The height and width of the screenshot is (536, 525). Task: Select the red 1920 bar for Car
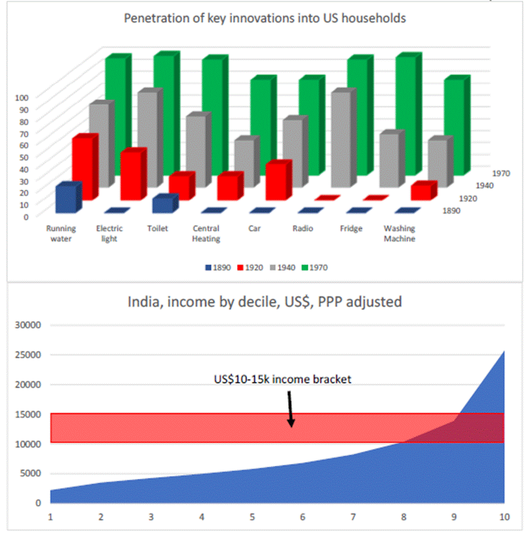pyautogui.click(x=277, y=181)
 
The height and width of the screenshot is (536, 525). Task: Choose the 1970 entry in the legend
pyautogui.click(x=314, y=268)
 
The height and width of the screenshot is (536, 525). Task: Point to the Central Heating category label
pyautogui.click(x=206, y=233)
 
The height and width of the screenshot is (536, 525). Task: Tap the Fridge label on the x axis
pyautogui.click(x=351, y=228)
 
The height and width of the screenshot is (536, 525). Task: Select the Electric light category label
pyautogui.click(x=109, y=233)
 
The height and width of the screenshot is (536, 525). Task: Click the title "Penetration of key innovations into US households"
pyautogui.click(x=265, y=18)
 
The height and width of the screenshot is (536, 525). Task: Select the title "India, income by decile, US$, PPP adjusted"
pyautogui.click(x=265, y=302)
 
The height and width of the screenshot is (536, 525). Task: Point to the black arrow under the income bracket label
pyautogui.click(x=290, y=407)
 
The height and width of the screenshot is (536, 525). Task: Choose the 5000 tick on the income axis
pyautogui.click(x=30, y=473)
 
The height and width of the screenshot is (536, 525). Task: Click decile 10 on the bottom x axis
pyautogui.click(x=504, y=516)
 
